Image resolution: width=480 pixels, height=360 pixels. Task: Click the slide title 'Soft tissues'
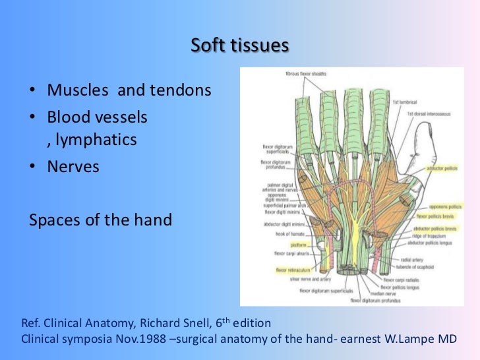[x=240, y=46]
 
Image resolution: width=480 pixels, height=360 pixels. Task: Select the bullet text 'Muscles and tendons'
[x=129, y=90]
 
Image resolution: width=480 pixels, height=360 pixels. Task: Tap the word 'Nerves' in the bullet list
[x=73, y=167]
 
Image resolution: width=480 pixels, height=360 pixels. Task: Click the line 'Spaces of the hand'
[x=100, y=220]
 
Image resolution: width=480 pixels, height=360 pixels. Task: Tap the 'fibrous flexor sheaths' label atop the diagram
[x=307, y=73]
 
